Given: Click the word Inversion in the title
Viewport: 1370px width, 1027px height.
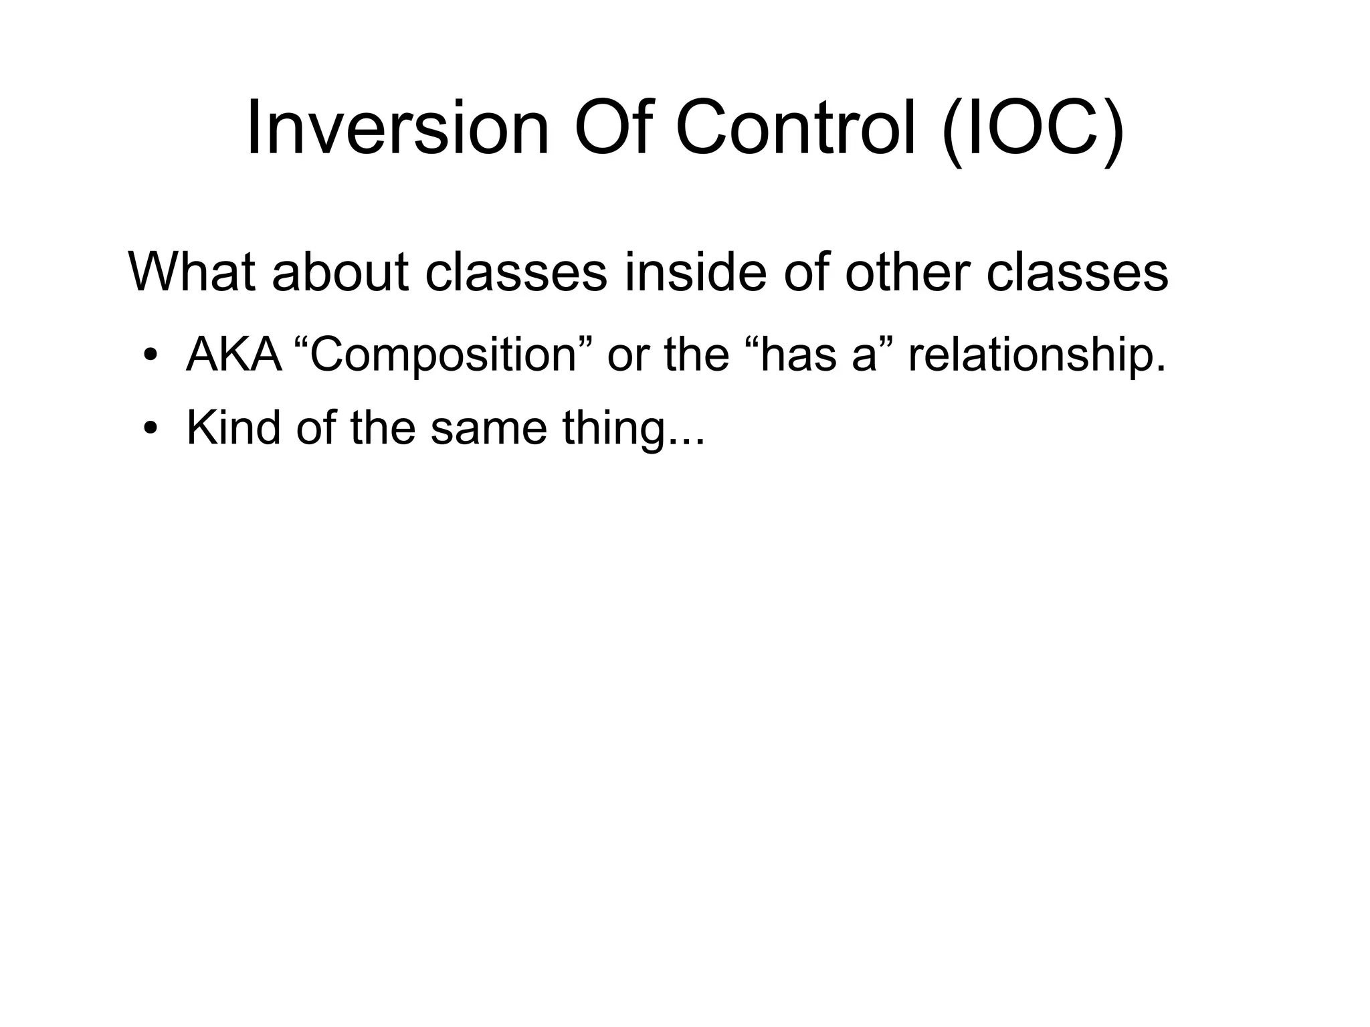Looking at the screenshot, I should pos(397,128).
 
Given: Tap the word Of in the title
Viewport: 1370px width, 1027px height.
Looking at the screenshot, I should pos(611,128).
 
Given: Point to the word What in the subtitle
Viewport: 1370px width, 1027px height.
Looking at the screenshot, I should pos(191,272).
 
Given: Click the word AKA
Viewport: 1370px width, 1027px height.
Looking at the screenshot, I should pos(233,354).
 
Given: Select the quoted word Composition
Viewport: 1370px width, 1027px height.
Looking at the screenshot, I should pos(443,354).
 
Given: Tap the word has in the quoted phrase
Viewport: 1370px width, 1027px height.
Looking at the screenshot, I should pos(799,354).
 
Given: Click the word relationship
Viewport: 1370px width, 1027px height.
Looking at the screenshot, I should pos(1036,354).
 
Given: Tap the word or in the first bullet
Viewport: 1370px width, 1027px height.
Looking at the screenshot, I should pos(627,354).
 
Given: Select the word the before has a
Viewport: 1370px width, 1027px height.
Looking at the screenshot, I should pos(696,354).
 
